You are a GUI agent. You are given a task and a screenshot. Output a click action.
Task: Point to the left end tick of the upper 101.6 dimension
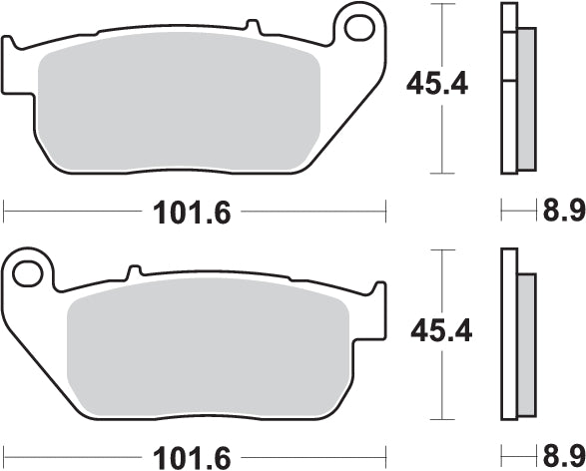click(x=5, y=211)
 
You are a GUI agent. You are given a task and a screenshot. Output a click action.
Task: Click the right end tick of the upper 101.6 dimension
click(x=385, y=211)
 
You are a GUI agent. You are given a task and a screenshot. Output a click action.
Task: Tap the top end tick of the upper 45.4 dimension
click(x=440, y=5)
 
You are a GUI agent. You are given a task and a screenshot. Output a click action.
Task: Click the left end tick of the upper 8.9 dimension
click(x=502, y=211)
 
